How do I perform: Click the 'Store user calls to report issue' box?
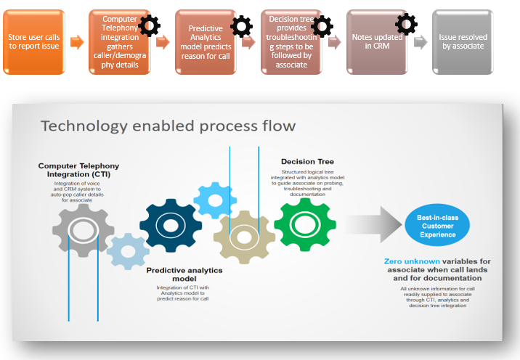click(x=33, y=42)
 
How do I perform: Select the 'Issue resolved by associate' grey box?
click(x=463, y=42)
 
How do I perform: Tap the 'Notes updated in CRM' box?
click(x=375, y=42)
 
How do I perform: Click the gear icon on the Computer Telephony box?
click(x=149, y=26)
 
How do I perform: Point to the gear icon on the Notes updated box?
click(x=406, y=22)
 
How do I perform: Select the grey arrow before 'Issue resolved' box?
click(x=421, y=42)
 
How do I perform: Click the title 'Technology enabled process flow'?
click(x=168, y=126)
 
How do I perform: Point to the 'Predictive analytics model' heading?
click(x=184, y=274)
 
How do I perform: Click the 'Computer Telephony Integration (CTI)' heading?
click(x=78, y=170)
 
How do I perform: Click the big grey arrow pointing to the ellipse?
click(x=370, y=225)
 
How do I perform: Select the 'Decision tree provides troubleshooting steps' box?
click(x=291, y=42)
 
